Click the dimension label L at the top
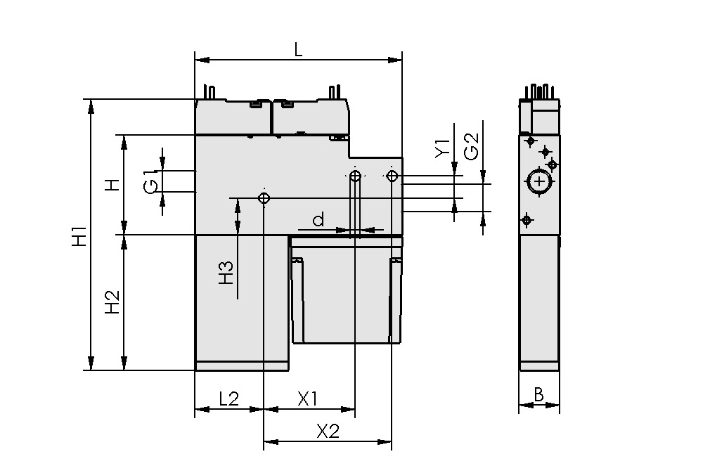click(x=298, y=49)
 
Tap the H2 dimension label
click(x=112, y=302)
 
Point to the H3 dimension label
click(x=226, y=273)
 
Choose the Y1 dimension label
click(x=441, y=148)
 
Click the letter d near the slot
click(x=318, y=220)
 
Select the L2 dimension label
click(x=229, y=399)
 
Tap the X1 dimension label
click(x=307, y=399)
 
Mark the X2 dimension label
click(x=328, y=432)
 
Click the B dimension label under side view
click(x=538, y=395)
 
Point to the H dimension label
click(x=112, y=185)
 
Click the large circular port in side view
click(x=539, y=182)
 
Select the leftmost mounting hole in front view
click(x=264, y=198)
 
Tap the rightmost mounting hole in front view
click(x=392, y=175)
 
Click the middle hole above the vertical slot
click(x=356, y=176)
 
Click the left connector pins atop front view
click(x=209, y=91)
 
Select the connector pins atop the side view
click(x=539, y=91)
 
